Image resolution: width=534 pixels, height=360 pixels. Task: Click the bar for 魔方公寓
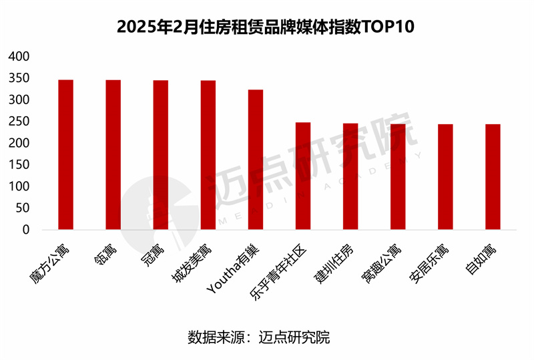tap(65, 155)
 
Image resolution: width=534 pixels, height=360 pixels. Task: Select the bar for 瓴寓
tap(113, 155)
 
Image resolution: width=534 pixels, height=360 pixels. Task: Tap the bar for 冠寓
tap(161, 155)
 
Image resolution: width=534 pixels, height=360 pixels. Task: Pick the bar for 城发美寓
tap(208, 155)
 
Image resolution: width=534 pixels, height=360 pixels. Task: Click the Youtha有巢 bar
tap(256, 160)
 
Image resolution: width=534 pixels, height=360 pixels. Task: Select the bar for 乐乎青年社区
tap(303, 176)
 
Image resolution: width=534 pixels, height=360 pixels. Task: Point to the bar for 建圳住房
tap(350, 177)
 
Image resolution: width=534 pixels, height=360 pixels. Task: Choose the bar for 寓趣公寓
tap(398, 177)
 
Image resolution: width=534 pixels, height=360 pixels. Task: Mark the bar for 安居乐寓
tap(445, 177)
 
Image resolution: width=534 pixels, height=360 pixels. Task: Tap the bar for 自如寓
tap(493, 177)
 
